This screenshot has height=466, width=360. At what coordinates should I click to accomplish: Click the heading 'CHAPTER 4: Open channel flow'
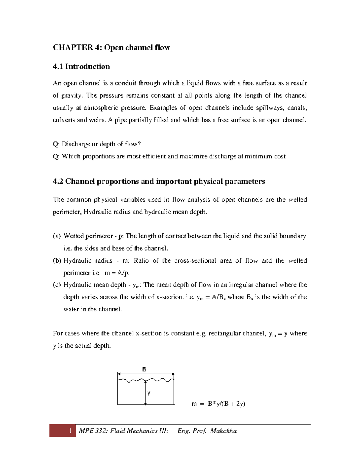[111, 47]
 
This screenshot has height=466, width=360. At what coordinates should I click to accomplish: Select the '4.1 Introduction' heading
[81, 66]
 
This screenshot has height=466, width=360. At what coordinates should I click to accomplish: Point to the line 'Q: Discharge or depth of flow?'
[97, 144]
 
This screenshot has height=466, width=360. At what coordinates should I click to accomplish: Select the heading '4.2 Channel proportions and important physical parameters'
[159, 181]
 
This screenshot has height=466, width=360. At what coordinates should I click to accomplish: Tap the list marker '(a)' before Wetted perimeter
[57, 236]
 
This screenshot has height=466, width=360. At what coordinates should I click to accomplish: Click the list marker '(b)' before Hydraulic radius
[57, 260]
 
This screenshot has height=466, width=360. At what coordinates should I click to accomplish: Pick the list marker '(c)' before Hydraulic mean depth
[57, 285]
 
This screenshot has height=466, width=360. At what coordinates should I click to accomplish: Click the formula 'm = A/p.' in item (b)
[117, 273]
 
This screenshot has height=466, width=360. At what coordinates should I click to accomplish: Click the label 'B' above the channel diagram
[144, 369]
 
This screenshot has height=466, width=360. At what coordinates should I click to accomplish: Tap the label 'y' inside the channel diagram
[149, 393]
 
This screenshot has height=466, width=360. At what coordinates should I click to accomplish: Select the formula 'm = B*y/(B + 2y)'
[218, 404]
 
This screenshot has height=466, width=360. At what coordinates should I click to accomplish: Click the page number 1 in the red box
[70, 431]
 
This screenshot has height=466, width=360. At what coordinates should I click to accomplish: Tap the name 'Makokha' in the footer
[223, 431]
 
